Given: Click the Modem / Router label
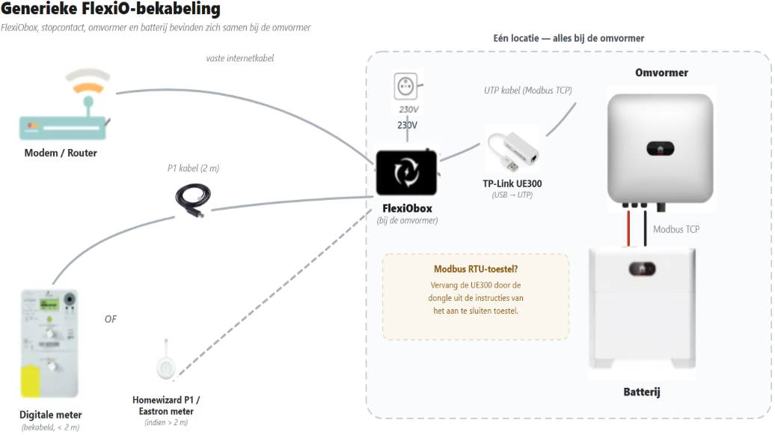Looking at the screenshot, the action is pos(61,153).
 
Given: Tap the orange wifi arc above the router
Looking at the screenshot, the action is pos(88,88).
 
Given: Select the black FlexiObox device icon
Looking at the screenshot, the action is pos(406,173).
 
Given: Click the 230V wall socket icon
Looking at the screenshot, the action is pos(405,87).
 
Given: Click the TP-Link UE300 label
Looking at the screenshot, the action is pos(512,183).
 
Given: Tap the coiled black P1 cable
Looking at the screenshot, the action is pos(193,199).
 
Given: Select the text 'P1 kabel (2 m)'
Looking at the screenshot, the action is pos(193,168).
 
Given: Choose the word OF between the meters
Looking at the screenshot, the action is pos(111,319).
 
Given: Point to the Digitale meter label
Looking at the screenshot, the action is pos(50,415).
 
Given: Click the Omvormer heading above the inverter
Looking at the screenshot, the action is pos(661,73).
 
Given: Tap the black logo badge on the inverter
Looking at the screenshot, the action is pos(661,148).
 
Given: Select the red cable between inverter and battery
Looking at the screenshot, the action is pos(628,228).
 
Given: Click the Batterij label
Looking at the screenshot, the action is pos(642,392).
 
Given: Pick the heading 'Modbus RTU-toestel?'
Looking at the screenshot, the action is pos(476,270).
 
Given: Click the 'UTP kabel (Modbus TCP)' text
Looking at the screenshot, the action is pos(528,91).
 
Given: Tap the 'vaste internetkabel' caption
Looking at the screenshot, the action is pos(239,58).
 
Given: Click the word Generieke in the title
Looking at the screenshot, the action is pos(39,8).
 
